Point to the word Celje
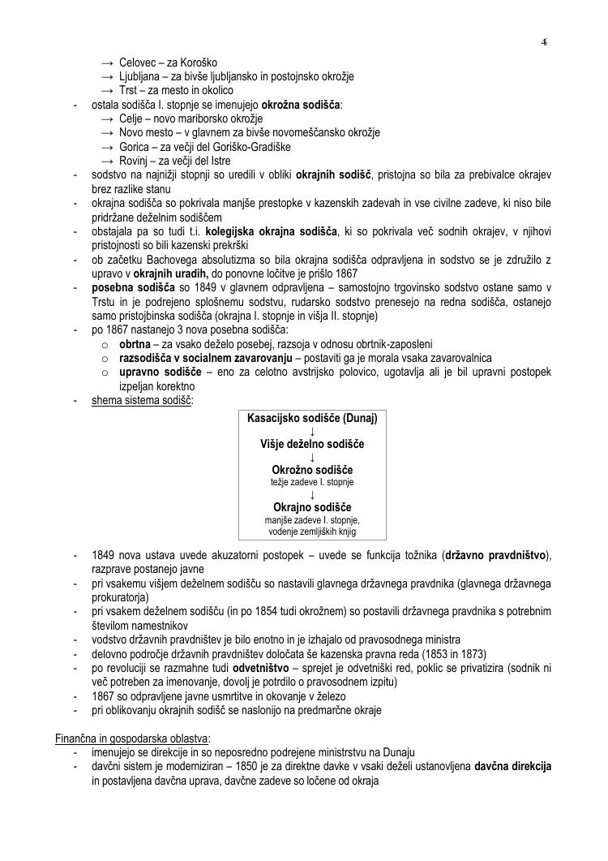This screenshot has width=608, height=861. pos(131,118)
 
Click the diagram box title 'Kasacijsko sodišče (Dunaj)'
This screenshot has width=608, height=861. pos(312,417)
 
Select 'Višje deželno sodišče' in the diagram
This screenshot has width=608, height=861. pos(312,444)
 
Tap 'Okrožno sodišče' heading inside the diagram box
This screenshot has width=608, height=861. pos(312,470)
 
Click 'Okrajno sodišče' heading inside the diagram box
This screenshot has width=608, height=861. pos(312,507)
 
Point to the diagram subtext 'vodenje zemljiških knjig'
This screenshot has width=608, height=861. pos(312,532)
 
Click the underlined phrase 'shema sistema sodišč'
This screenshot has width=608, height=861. pos(142,399)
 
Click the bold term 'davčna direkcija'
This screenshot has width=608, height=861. pos(513,766)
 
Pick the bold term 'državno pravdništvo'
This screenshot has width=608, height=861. pos(497,555)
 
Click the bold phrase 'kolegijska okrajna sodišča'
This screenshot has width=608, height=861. pos(270,231)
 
